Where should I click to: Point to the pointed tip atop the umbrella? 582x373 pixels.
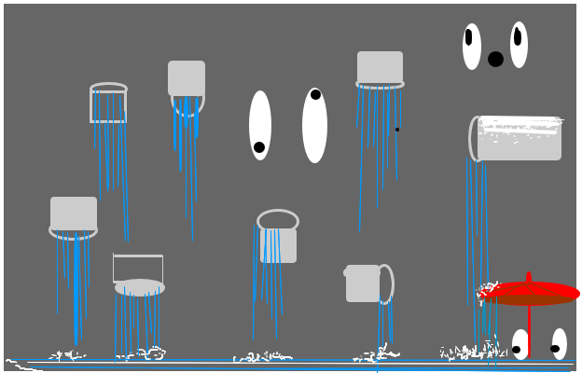(529, 275)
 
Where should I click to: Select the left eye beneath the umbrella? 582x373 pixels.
(520, 344)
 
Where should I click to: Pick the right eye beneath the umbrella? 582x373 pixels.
(559, 344)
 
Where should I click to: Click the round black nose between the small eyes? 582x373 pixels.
(495, 59)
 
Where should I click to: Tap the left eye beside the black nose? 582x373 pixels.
(472, 47)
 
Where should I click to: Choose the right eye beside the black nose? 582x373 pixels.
(519, 45)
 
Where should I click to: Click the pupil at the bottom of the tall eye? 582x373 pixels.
(259, 147)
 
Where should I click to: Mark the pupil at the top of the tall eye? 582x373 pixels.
(315, 94)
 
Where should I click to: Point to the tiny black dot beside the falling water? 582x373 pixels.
(396, 130)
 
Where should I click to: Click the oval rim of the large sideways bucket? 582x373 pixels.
(475, 138)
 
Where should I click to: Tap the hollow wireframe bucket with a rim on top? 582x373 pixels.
(108, 104)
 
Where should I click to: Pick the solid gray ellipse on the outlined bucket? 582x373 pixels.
(140, 287)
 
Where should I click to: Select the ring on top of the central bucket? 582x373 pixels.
(277, 220)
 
